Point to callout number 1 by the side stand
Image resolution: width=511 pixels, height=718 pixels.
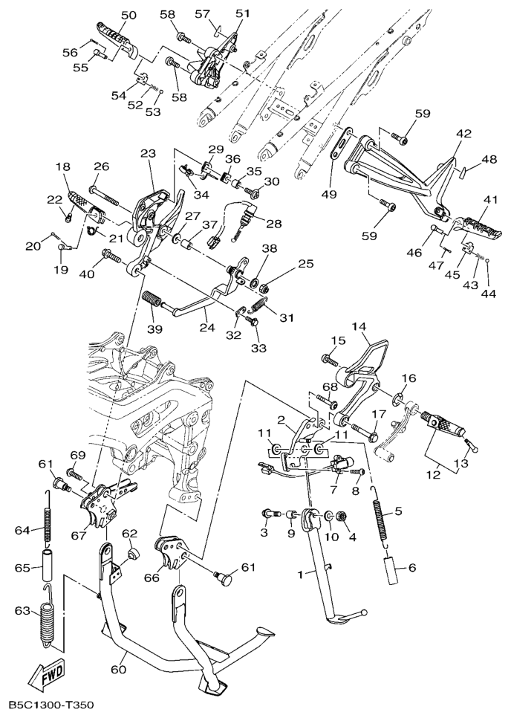click(300, 574)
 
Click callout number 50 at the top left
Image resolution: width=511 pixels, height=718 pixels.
click(128, 15)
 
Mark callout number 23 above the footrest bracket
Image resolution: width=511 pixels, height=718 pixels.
click(147, 154)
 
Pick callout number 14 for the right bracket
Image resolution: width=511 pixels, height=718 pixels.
click(359, 326)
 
